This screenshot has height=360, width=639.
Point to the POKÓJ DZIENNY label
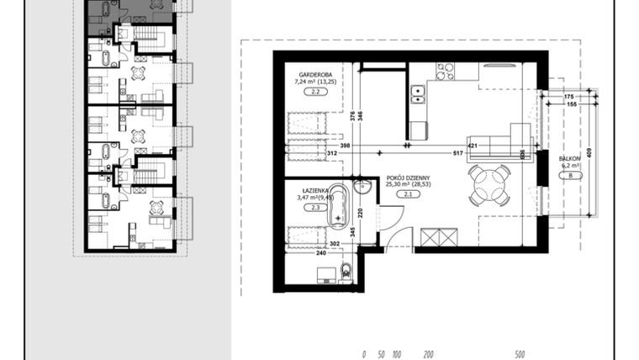tap(409, 178)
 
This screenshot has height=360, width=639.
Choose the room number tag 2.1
tap(409, 194)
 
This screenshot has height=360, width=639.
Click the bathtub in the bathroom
tap(338, 204)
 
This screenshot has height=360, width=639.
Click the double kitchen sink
tap(417, 93)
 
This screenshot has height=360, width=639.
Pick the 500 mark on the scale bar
tap(520, 355)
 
